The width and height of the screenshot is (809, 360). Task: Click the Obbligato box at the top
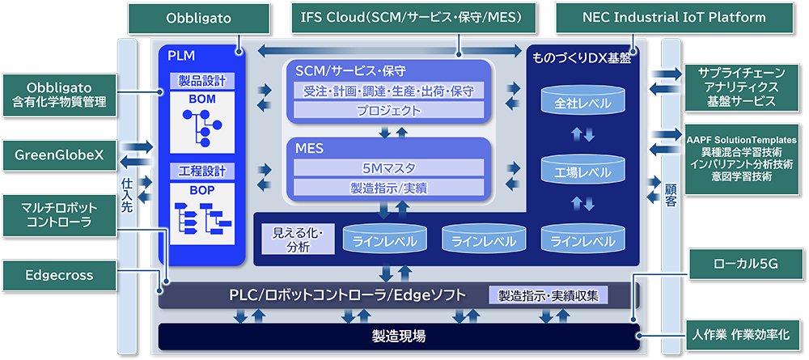click(199, 18)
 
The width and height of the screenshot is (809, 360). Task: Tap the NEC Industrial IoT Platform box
click(673, 18)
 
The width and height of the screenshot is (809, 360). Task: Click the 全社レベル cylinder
click(583, 104)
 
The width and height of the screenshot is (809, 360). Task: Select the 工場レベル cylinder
click(583, 172)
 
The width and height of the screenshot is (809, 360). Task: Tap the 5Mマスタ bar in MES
click(389, 168)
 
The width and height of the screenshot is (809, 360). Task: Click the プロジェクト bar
click(389, 110)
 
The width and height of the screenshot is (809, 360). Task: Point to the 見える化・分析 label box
click(298, 240)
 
